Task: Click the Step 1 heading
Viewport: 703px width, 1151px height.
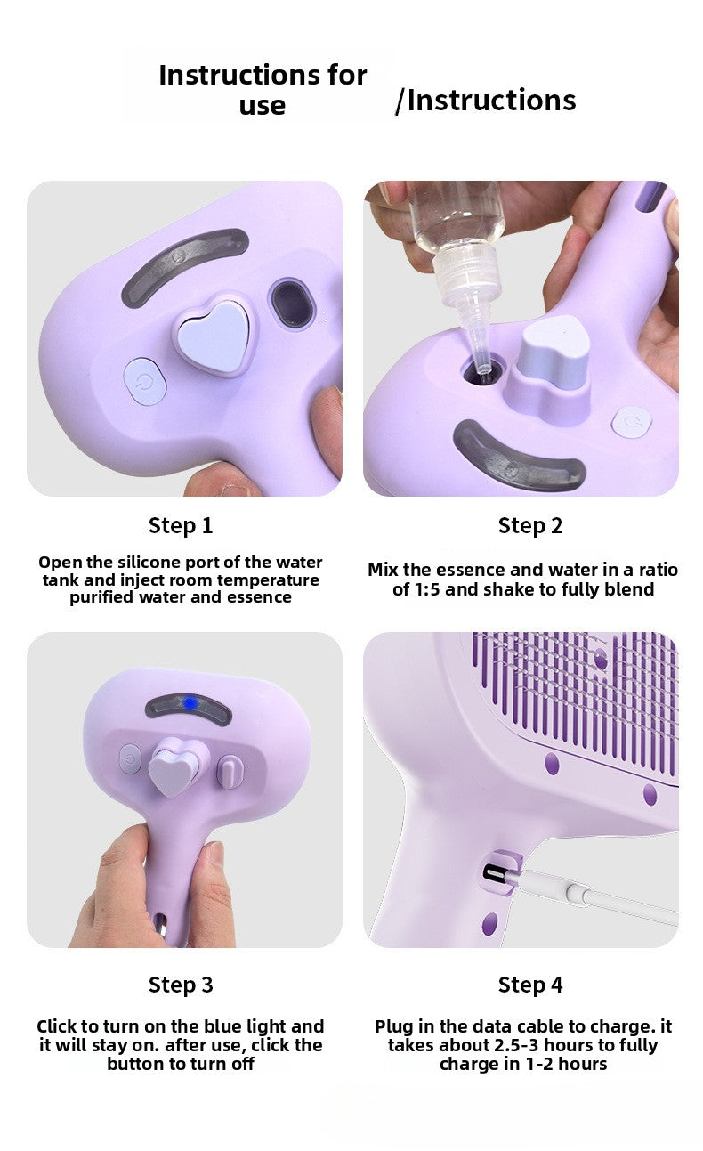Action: pyautogui.click(x=181, y=525)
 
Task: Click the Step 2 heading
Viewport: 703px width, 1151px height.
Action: pyautogui.click(x=530, y=525)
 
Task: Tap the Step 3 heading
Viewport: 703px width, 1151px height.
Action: pyautogui.click(x=181, y=985)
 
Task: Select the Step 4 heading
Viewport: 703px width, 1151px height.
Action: pyautogui.click(x=530, y=985)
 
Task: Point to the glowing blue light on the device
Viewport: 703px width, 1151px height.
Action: pyautogui.click(x=189, y=703)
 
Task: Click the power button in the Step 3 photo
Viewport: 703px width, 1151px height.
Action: pyautogui.click(x=131, y=759)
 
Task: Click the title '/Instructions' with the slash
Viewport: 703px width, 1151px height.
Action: pyautogui.click(x=486, y=101)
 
